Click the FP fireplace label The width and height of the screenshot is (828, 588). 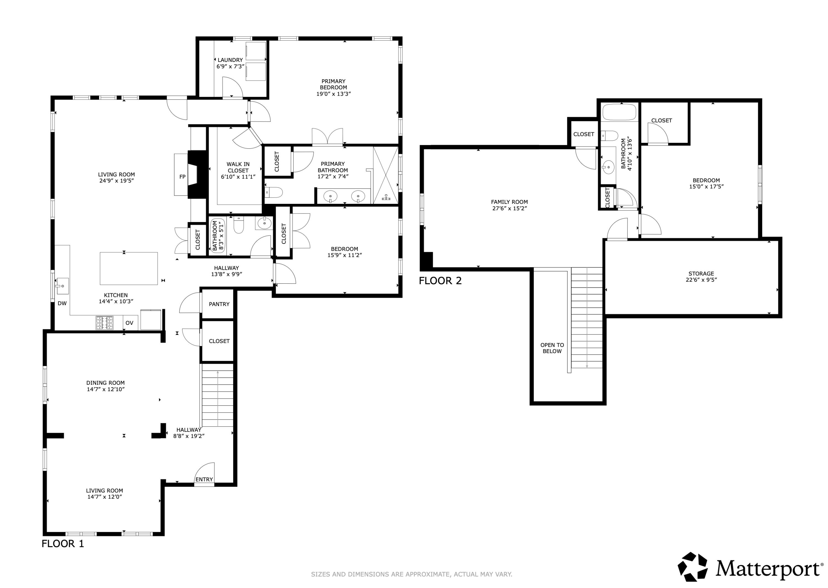pyautogui.click(x=182, y=177)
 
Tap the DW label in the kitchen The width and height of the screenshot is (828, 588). pyautogui.click(x=62, y=304)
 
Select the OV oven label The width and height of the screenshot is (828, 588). pyautogui.click(x=129, y=323)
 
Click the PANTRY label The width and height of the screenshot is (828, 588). pyautogui.click(x=219, y=304)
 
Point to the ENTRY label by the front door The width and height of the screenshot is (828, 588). pyautogui.click(x=204, y=479)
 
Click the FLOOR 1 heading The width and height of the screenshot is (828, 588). pyautogui.click(x=63, y=544)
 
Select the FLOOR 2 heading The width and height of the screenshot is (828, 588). pyautogui.click(x=440, y=281)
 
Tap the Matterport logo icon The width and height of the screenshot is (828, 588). pyautogui.click(x=692, y=567)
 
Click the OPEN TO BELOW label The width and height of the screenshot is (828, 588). pyautogui.click(x=552, y=348)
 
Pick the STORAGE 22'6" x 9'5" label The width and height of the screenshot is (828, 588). pyautogui.click(x=701, y=277)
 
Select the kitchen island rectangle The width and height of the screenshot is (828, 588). pyautogui.click(x=129, y=268)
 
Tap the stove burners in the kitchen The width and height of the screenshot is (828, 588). pyautogui.click(x=105, y=323)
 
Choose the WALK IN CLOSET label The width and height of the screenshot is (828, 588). pyautogui.click(x=238, y=170)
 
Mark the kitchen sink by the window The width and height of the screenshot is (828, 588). pyautogui.click(x=62, y=286)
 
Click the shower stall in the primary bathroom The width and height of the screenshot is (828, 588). pyautogui.click(x=386, y=175)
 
